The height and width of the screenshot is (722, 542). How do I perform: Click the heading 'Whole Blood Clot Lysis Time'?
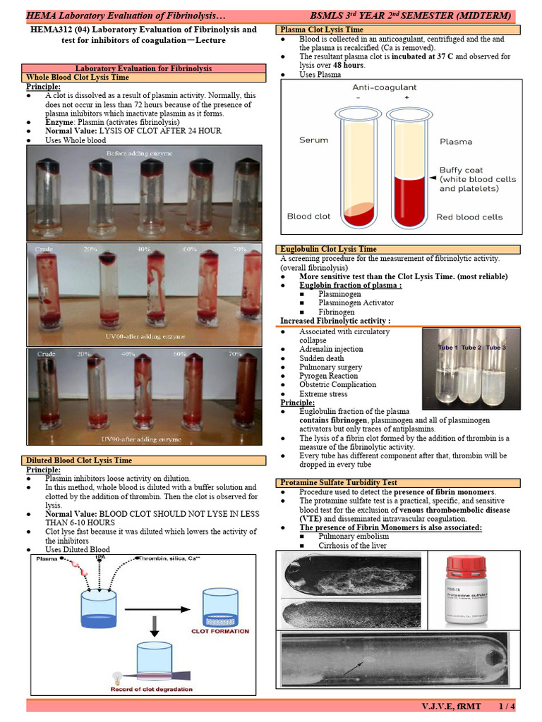pyautogui.click(x=78, y=78)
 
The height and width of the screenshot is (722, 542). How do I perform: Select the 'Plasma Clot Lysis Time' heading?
pyautogui.click(x=322, y=30)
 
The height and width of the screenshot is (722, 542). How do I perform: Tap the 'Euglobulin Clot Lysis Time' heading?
pyautogui.click(x=328, y=249)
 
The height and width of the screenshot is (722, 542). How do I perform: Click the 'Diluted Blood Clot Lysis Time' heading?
pyautogui.click(x=79, y=460)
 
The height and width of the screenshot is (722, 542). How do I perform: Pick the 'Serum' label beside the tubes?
pyautogui.click(x=313, y=140)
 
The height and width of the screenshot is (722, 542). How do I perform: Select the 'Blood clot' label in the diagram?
pyautogui.click(x=309, y=216)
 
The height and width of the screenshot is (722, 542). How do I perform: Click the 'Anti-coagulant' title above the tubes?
pyautogui.click(x=384, y=87)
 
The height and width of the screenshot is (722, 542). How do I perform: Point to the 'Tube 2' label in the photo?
pyautogui.click(x=471, y=348)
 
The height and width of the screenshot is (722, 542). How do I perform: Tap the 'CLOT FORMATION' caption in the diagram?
pyautogui.click(x=220, y=631)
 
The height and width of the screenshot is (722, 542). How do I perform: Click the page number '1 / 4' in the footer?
pyautogui.click(x=506, y=706)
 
